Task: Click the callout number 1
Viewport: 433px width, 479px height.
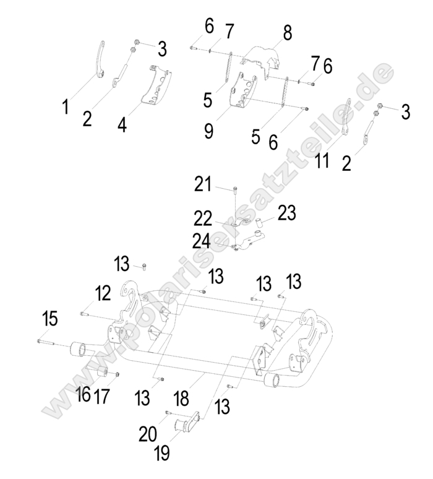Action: [x=65, y=107]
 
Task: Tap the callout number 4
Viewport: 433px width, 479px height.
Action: [x=122, y=124]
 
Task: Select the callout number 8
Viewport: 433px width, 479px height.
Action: [x=287, y=33]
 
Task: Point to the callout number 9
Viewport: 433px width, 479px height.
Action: [x=209, y=131]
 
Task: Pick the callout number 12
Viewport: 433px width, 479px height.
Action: [x=102, y=293]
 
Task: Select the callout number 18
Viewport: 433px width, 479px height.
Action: [x=182, y=398]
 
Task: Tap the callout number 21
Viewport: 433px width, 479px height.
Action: [x=203, y=184]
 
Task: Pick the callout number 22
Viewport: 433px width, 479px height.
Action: [x=202, y=218]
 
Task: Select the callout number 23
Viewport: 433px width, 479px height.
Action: [x=286, y=214]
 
